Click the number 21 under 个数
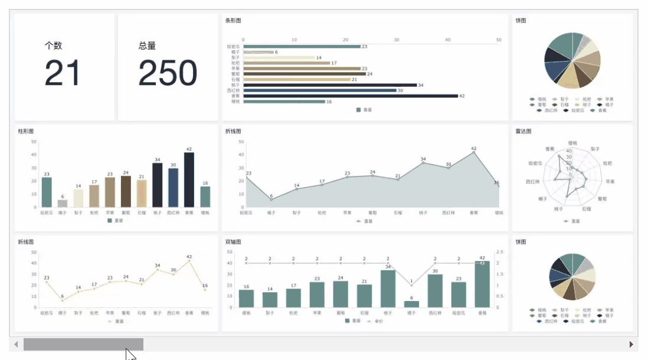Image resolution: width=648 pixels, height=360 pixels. [x=62, y=73]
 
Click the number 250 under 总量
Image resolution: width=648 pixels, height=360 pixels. [x=168, y=73]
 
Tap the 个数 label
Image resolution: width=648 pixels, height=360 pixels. [x=53, y=45]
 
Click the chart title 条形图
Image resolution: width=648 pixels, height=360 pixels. [x=233, y=21]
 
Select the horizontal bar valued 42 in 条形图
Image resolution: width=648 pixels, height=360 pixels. [x=351, y=96]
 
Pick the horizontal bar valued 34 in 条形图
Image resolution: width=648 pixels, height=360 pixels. [x=330, y=85]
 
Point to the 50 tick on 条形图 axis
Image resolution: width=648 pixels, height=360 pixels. [x=499, y=40]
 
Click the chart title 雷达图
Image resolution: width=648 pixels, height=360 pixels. [x=523, y=131]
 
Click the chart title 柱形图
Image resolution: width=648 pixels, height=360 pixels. [x=26, y=131]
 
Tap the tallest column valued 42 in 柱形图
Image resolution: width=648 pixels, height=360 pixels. [x=189, y=180]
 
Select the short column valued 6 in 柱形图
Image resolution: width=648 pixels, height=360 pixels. [x=62, y=204]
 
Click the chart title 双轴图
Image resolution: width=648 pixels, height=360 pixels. [x=233, y=242]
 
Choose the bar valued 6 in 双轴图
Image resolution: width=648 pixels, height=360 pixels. [x=411, y=304]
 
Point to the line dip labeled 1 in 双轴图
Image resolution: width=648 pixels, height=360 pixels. [x=411, y=285]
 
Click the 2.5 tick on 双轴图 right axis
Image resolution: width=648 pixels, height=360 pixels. [x=500, y=252]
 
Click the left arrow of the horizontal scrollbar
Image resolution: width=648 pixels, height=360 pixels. [x=16, y=344]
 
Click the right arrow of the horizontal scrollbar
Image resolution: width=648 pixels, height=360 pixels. [x=631, y=344]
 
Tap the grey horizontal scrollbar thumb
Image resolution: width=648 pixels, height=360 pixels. [x=83, y=344]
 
